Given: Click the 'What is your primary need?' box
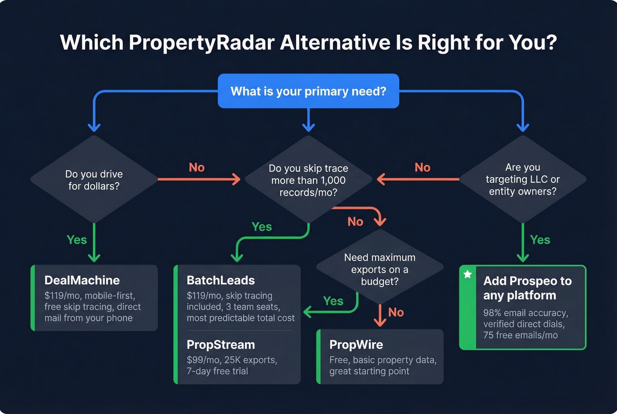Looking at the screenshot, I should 308,91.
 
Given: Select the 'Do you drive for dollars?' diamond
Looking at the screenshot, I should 94,180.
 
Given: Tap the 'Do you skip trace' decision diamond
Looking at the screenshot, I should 308,180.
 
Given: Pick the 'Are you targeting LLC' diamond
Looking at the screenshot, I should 522,179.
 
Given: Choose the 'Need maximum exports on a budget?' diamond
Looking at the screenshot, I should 379,269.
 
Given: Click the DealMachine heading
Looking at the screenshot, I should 82,280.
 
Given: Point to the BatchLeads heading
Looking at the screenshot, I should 220,280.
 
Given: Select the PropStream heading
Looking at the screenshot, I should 220,345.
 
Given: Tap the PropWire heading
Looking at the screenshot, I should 356,345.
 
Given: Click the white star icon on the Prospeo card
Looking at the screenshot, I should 468,275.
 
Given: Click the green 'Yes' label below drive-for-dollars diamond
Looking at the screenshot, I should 77,240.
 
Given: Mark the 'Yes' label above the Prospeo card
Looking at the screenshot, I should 540,240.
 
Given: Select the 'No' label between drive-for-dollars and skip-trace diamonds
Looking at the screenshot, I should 197,168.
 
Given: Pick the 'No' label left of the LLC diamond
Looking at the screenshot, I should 422,168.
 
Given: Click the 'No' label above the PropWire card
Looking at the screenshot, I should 396,313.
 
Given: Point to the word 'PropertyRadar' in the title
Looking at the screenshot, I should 201,43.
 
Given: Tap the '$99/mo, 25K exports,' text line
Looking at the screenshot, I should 232,360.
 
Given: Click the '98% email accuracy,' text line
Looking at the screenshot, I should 525,313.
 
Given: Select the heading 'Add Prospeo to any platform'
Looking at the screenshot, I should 527,288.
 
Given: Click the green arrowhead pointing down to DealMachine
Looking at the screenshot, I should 94,257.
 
